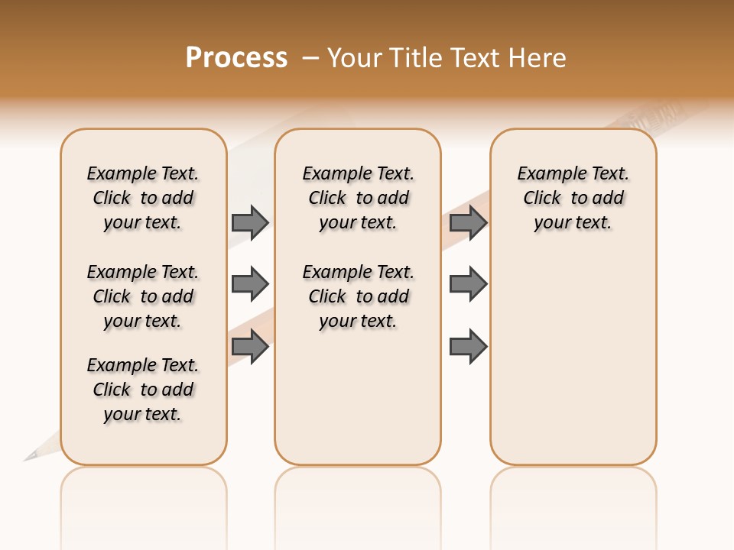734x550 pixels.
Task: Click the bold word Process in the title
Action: click(x=236, y=58)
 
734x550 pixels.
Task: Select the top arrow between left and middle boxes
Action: click(x=250, y=222)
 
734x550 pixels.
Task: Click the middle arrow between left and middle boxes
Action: click(x=250, y=285)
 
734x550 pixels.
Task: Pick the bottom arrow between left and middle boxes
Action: click(x=250, y=347)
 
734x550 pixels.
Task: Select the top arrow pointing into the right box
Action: click(x=468, y=222)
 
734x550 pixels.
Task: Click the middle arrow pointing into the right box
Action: click(x=468, y=285)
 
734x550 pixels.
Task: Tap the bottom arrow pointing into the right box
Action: click(x=468, y=347)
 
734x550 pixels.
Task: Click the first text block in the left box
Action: click(x=143, y=198)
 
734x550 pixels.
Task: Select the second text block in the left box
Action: click(x=143, y=296)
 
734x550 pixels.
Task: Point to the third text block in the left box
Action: click(x=143, y=390)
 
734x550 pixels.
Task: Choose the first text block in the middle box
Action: click(x=358, y=198)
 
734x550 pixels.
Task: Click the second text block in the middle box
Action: click(x=358, y=296)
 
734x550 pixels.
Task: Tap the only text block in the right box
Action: click(x=573, y=198)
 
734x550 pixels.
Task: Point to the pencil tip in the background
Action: click(x=30, y=457)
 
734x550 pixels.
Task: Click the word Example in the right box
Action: click(x=550, y=174)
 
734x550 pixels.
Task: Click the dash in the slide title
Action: click(x=310, y=58)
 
